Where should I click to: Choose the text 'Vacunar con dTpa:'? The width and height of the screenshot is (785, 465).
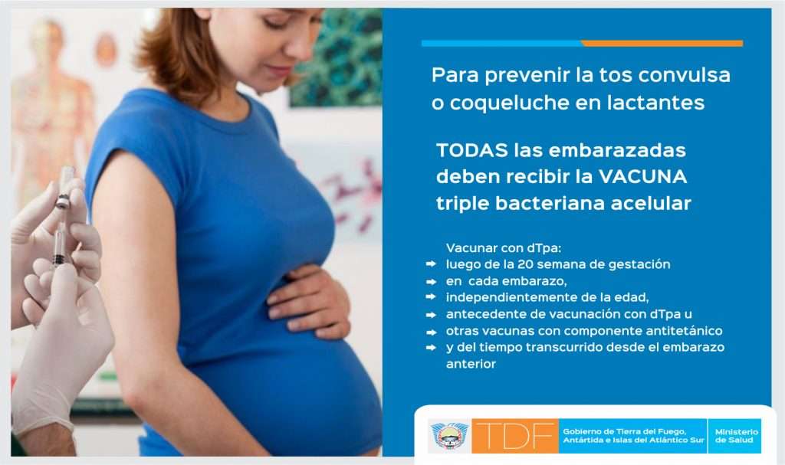coord(504,247)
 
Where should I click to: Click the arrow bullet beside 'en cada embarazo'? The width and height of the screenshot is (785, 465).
coord(431,282)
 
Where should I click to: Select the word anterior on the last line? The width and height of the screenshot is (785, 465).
coord(471,364)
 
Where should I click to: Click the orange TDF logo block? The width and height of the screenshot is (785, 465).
coord(514,435)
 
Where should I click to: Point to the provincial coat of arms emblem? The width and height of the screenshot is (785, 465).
coord(449,435)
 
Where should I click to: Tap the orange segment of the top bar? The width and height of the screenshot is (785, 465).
coord(662,44)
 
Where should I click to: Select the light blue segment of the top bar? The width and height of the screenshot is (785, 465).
coord(501,44)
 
